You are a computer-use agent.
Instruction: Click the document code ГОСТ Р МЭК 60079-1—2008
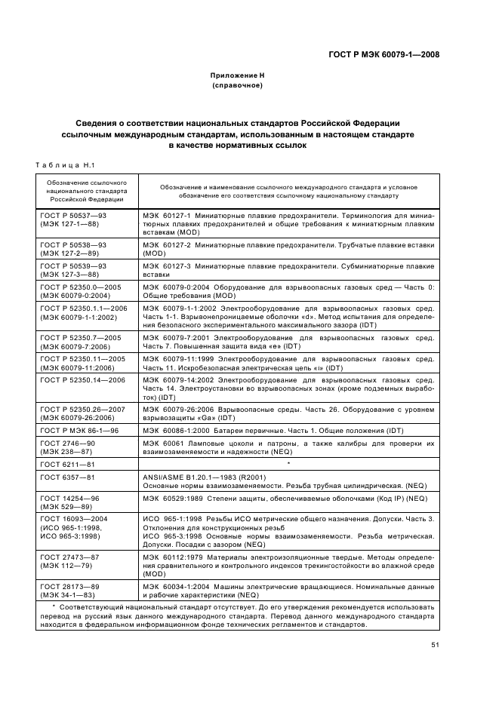click(383, 54)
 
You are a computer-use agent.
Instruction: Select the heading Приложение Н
click(237, 76)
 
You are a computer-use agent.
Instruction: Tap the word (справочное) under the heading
click(237, 86)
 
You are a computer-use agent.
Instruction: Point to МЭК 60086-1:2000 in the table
click(175, 430)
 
